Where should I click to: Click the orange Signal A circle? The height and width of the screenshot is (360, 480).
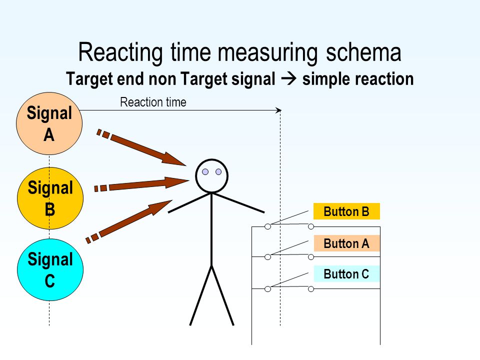coord(49,123)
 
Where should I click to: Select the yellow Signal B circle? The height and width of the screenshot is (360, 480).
coord(50,198)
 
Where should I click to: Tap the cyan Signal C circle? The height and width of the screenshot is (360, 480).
coord(50,269)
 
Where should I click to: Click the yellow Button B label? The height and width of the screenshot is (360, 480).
coord(346,211)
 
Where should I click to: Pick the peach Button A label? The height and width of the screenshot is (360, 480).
coord(346,243)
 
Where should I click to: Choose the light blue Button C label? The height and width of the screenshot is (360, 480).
coord(346,274)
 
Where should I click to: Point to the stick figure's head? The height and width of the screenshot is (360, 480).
coord(212,176)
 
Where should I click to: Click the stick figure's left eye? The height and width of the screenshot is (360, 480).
coord(205,171)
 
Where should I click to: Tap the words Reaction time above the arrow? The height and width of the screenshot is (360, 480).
coord(153,102)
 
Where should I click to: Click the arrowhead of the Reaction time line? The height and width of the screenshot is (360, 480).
coord(279,110)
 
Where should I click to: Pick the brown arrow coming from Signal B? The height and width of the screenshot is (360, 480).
coord(141,184)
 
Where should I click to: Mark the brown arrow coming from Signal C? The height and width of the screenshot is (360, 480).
coord(129,221)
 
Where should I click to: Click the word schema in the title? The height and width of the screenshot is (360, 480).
coord(363,52)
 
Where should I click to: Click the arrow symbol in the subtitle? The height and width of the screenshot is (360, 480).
coord(288,78)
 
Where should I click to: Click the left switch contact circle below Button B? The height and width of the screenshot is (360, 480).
coord(267,226)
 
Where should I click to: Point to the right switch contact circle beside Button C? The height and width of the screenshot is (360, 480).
coord(311,289)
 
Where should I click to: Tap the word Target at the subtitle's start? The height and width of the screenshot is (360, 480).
coord(89,79)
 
